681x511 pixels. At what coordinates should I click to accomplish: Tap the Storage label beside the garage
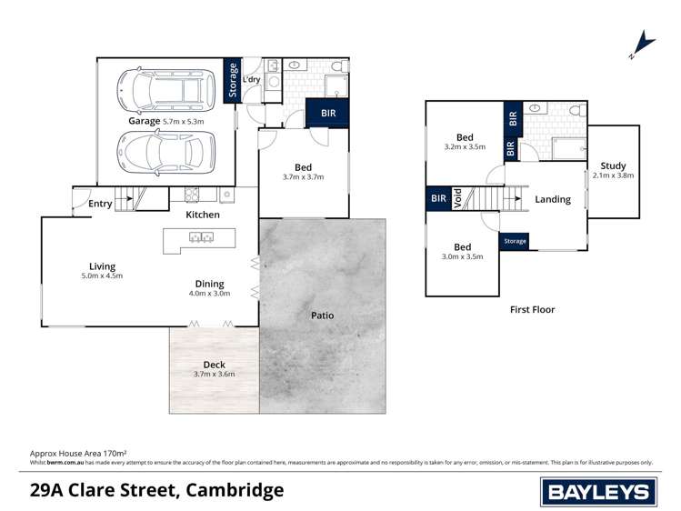(233, 79)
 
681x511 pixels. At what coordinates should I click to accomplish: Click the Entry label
(100, 204)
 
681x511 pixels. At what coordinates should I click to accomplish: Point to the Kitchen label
(203, 215)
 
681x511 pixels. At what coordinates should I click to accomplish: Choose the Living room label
(102, 266)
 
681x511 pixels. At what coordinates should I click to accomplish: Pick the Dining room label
(209, 284)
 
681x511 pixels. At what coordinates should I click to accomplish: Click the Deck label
(215, 364)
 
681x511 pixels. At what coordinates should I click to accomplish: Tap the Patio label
(322, 316)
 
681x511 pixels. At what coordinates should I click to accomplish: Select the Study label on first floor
(614, 166)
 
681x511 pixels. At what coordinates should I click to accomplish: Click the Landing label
(553, 199)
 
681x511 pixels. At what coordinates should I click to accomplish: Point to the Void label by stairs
(457, 200)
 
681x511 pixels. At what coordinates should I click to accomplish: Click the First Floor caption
(531, 309)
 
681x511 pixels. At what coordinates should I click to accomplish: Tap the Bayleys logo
(599, 492)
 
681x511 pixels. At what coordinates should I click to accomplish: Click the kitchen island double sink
(201, 238)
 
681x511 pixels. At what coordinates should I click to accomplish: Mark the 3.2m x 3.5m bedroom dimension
(465, 146)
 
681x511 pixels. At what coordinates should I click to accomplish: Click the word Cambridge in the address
(234, 491)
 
